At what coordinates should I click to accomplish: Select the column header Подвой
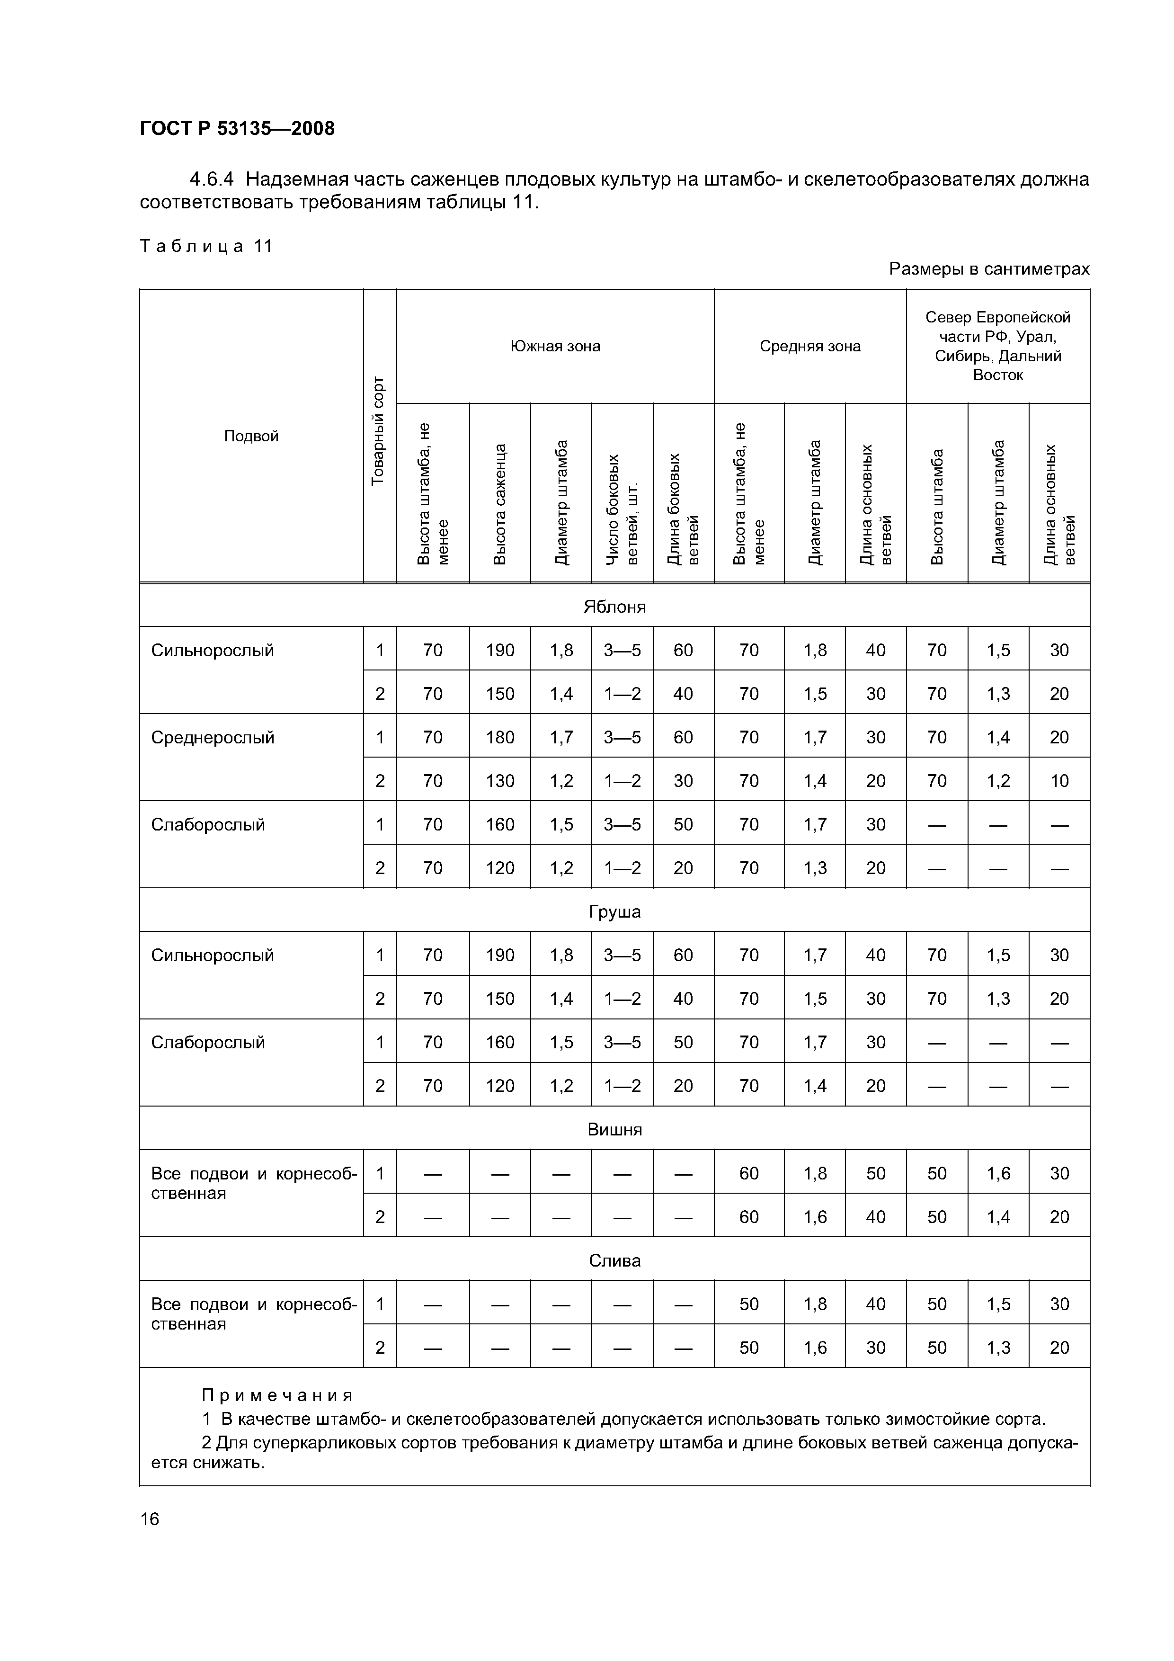click(x=251, y=436)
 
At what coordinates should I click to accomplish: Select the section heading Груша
click(x=614, y=911)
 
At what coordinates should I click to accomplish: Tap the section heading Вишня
click(x=614, y=1129)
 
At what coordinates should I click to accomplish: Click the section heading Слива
click(x=614, y=1260)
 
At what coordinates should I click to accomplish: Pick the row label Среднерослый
click(x=213, y=737)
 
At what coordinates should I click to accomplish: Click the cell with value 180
click(x=500, y=737)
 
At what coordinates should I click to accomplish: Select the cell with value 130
click(x=500, y=781)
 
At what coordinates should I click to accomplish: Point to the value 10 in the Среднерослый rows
click(x=1059, y=781)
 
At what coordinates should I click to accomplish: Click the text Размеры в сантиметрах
click(x=989, y=269)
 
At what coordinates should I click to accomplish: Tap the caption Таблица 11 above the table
click(x=206, y=246)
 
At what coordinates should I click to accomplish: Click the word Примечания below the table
click(x=277, y=1395)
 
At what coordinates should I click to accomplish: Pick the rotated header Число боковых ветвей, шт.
click(x=622, y=509)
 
